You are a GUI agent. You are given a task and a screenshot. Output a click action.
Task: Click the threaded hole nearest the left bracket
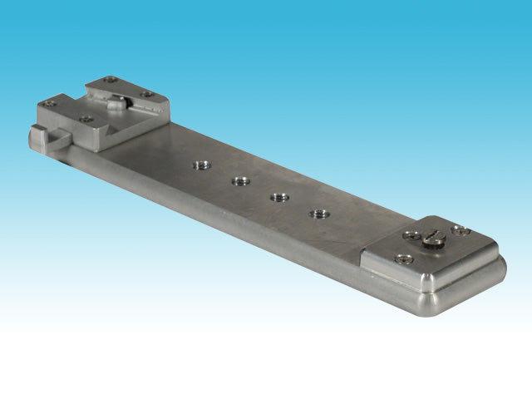click(199, 165)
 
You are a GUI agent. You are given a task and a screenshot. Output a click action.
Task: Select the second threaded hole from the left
click(241, 180)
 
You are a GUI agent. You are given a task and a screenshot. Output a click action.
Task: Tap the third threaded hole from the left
click(278, 197)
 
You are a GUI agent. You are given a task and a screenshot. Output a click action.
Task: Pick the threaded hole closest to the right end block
click(318, 214)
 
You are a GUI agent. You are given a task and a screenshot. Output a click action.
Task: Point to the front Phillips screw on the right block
click(404, 259)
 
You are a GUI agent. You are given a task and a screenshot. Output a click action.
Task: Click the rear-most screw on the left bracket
click(111, 81)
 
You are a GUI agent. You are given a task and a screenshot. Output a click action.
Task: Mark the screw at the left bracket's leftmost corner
click(51, 104)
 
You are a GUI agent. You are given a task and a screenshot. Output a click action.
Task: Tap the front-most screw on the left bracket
click(86, 119)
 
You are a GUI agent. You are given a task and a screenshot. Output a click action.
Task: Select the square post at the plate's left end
click(36, 137)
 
